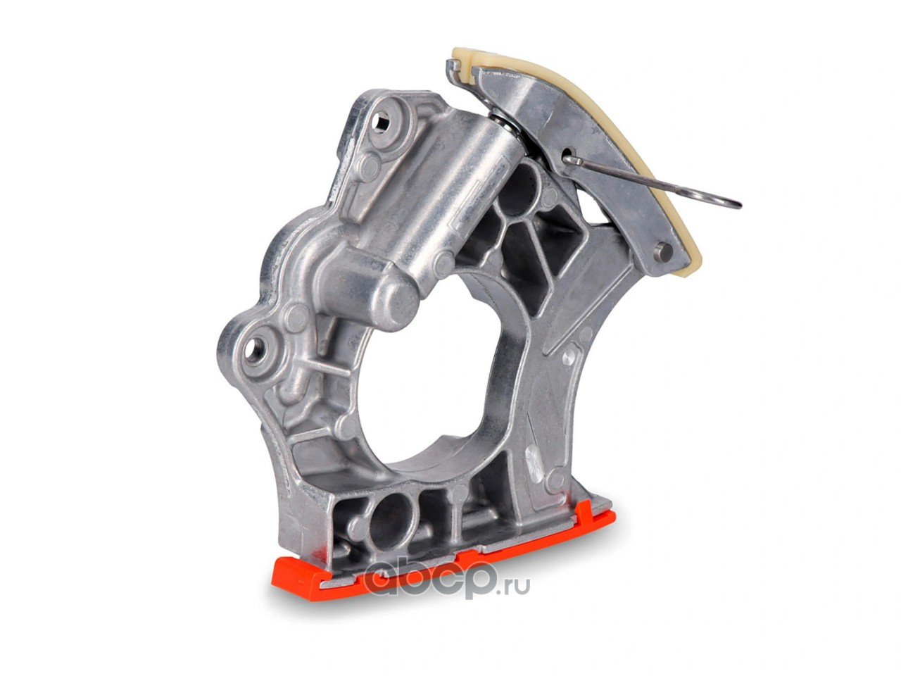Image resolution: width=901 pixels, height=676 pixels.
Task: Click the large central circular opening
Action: coord(423,370)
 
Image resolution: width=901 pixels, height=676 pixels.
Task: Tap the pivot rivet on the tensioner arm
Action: coord(664,249)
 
